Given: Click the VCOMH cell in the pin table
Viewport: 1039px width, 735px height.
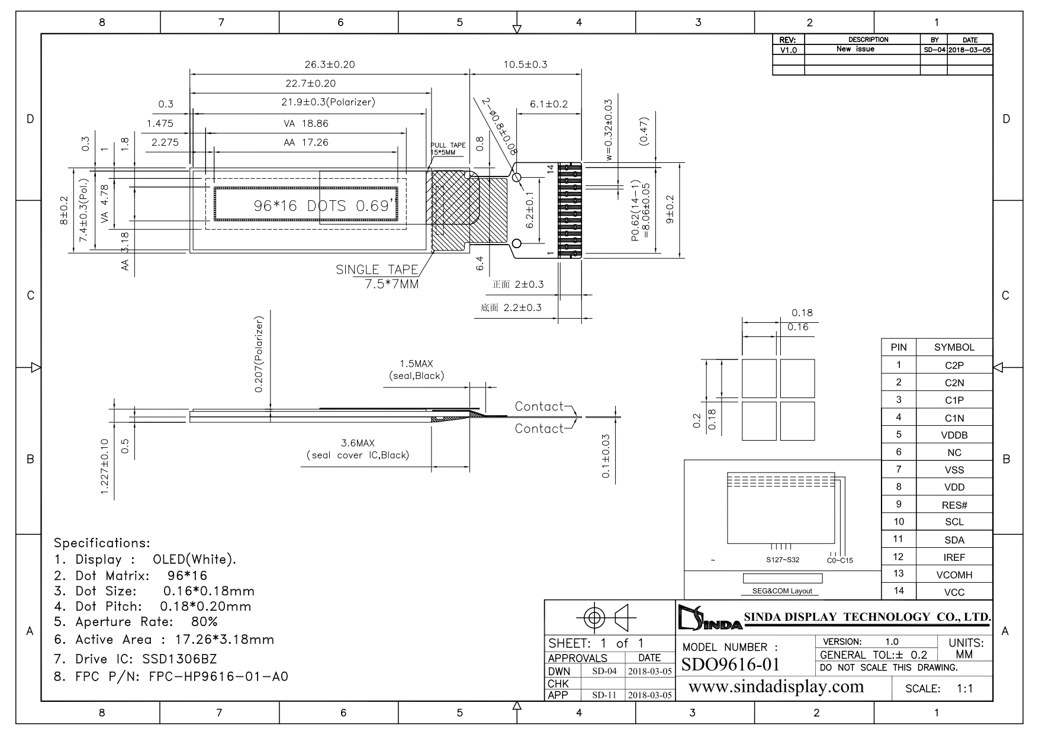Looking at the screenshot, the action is tap(954, 574).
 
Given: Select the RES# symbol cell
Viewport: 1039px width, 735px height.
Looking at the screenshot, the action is tap(954, 505).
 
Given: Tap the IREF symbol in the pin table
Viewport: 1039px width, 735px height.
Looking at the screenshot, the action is tap(954, 557).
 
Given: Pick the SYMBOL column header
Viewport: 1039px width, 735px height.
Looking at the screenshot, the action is tap(954, 348).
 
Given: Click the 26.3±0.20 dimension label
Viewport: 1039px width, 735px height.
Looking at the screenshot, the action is tap(329, 65).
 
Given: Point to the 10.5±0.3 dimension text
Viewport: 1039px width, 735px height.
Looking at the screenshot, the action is tap(525, 65).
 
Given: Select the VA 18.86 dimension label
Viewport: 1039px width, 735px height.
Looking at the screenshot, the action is tap(305, 124).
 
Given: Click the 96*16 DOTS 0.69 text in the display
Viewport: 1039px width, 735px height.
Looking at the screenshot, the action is tap(324, 206).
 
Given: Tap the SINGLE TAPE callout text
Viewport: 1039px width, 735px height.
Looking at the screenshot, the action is tap(377, 269).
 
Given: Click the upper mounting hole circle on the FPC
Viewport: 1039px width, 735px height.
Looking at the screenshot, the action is tap(516, 177).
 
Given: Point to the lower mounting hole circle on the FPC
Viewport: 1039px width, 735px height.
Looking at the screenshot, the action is tap(516, 243).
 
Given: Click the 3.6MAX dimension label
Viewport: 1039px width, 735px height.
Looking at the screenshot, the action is tap(358, 443).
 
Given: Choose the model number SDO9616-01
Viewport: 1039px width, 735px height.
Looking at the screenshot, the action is tap(731, 665).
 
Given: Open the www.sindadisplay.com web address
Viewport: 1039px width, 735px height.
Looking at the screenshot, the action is tap(776, 687).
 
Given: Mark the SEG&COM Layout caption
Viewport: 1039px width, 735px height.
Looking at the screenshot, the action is tap(782, 591).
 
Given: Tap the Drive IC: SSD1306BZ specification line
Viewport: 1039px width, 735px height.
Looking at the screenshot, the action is tap(136, 659).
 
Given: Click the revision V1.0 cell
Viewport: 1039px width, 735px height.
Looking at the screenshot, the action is tap(789, 50).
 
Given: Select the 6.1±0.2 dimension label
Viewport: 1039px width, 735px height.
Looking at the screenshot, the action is tap(549, 104).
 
